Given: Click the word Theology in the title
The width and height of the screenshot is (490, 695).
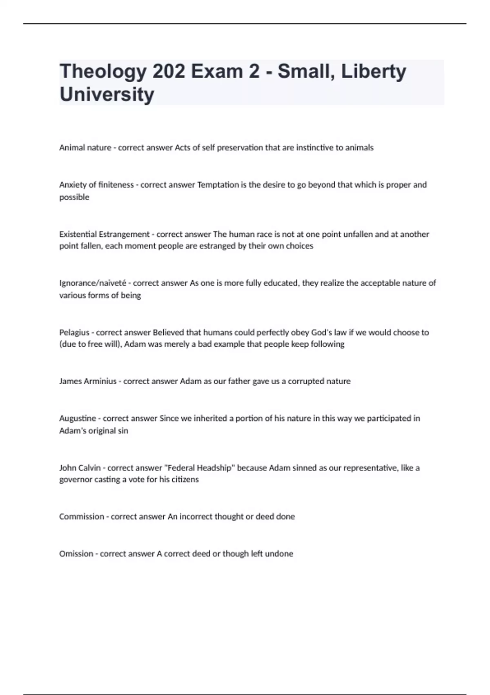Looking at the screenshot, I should (103, 72).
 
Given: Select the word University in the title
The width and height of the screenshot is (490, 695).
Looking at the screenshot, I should (107, 94).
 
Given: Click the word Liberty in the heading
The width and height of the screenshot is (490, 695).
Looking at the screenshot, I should (374, 72).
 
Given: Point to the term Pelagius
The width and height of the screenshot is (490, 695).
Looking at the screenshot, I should (74, 332).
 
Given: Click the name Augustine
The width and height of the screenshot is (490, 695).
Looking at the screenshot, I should (78, 418).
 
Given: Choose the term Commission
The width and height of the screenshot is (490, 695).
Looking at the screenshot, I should (82, 517).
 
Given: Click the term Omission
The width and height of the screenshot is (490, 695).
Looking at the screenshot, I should (76, 554).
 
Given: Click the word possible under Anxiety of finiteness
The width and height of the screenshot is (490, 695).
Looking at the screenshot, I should (74, 197).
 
